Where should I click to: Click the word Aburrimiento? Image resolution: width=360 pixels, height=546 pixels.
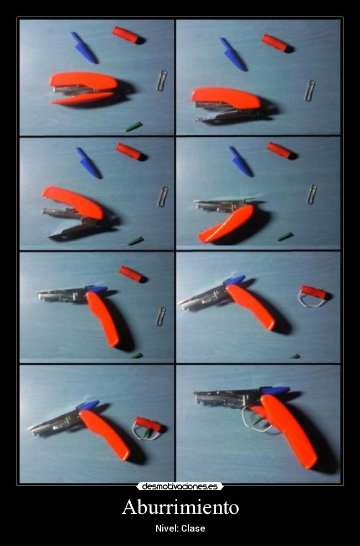[181, 507]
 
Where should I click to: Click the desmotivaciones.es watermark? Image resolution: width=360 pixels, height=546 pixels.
[180, 486]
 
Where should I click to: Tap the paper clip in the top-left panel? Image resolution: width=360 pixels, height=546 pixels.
[161, 80]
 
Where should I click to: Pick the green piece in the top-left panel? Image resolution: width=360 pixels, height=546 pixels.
[134, 126]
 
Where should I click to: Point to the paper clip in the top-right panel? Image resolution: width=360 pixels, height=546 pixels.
[310, 90]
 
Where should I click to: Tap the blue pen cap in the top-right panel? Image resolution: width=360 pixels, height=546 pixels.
[233, 54]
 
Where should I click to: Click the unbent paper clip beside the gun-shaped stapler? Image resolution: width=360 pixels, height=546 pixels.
[161, 316]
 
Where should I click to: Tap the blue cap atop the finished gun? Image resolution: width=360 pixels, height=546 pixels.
[275, 390]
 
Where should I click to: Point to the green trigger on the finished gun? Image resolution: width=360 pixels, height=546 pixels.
[258, 421]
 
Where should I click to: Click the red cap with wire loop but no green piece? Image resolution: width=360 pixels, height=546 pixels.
[313, 297]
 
